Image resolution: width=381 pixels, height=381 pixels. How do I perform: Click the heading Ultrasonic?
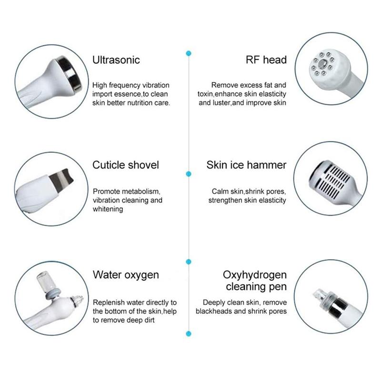(x=116, y=60)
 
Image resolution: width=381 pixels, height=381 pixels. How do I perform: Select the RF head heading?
(x=266, y=60)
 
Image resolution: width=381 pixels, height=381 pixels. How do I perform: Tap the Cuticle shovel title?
(x=126, y=165)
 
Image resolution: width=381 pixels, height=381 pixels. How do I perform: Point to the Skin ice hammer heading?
(x=246, y=165)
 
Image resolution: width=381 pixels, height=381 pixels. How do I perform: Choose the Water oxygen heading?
(x=126, y=275)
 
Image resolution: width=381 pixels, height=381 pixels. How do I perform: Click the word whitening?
(x=108, y=209)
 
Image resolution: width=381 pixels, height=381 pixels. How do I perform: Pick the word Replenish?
(x=109, y=302)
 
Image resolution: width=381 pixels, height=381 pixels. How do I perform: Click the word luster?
(x=220, y=102)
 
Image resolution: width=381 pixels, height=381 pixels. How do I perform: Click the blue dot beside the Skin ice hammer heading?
(x=189, y=174)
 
